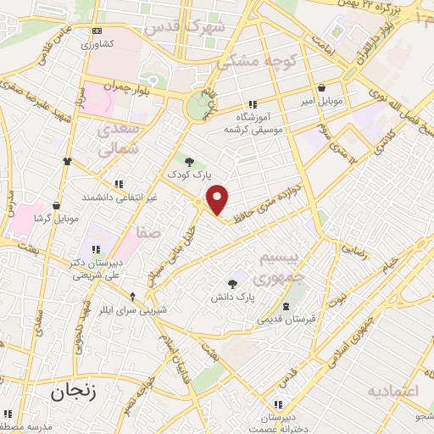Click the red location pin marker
[218, 199]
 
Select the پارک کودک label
[191, 175]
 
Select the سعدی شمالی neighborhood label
[116, 140]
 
